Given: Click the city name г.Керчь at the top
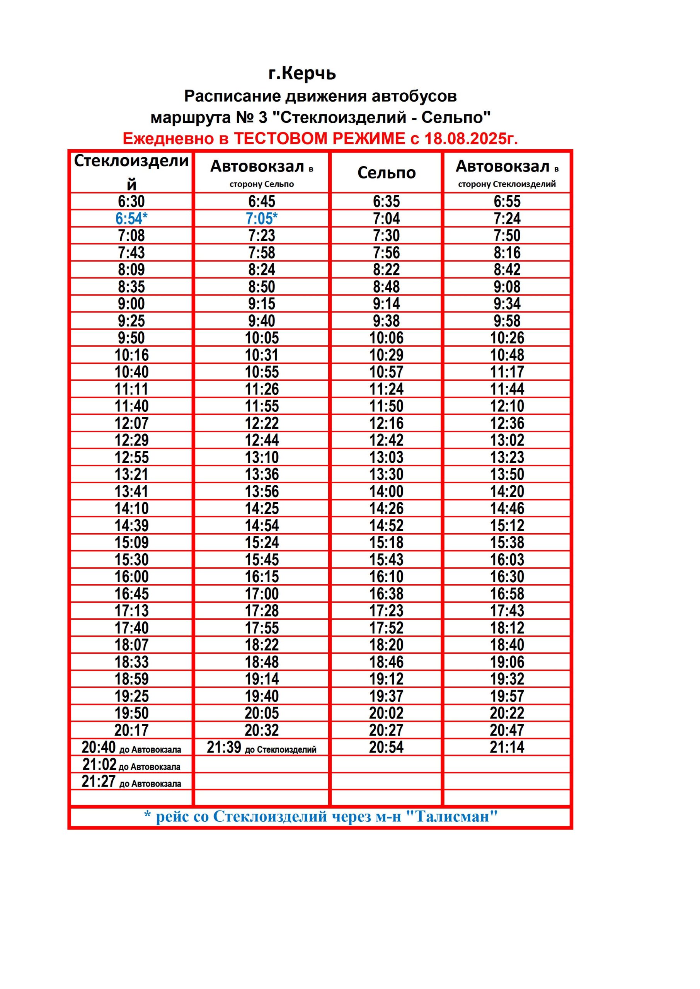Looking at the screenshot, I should pyautogui.click(x=302, y=73).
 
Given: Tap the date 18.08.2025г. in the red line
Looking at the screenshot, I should pyautogui.click(x=471, y=139).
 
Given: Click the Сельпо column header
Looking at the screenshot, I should pyautogui.click(x=386, y=173).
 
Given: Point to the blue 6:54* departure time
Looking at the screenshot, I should pyautogui.click(x=131, y=218).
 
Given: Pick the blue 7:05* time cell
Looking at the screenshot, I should pyautogui.click(x=262, y=218).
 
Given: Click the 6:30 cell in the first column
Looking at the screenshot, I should pyautogui.click(x=131, y=201).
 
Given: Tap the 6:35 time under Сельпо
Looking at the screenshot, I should pyautogui.click(x=386, y=201).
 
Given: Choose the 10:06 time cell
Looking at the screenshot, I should pyautogui.click(x=386, y=338).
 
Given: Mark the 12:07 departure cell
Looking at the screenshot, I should pyautogui.click(x=131, y=423).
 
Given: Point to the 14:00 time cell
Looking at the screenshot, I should pyautogui.click(x=386, y=491).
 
